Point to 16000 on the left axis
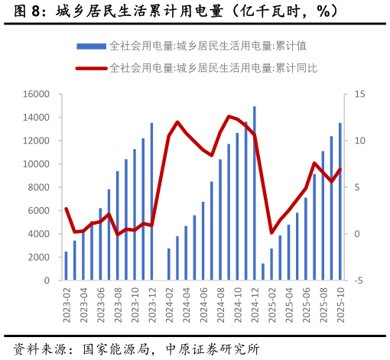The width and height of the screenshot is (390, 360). click(x=36, y=94)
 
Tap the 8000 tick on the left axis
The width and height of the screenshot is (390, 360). click(x=38, y=187)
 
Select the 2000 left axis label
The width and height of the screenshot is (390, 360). click(x=38, y=258)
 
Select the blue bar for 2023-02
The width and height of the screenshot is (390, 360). click(x=66, y=266)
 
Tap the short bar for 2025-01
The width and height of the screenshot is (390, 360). click(x=263, y=272)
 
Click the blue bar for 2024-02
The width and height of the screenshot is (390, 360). click(x=169, y=264)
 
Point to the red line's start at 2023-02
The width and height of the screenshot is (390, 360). click(x=66, y=209)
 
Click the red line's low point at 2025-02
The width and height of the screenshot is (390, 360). click(x=271, y=232)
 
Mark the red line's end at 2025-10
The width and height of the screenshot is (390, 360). click(x=340, y=170)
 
